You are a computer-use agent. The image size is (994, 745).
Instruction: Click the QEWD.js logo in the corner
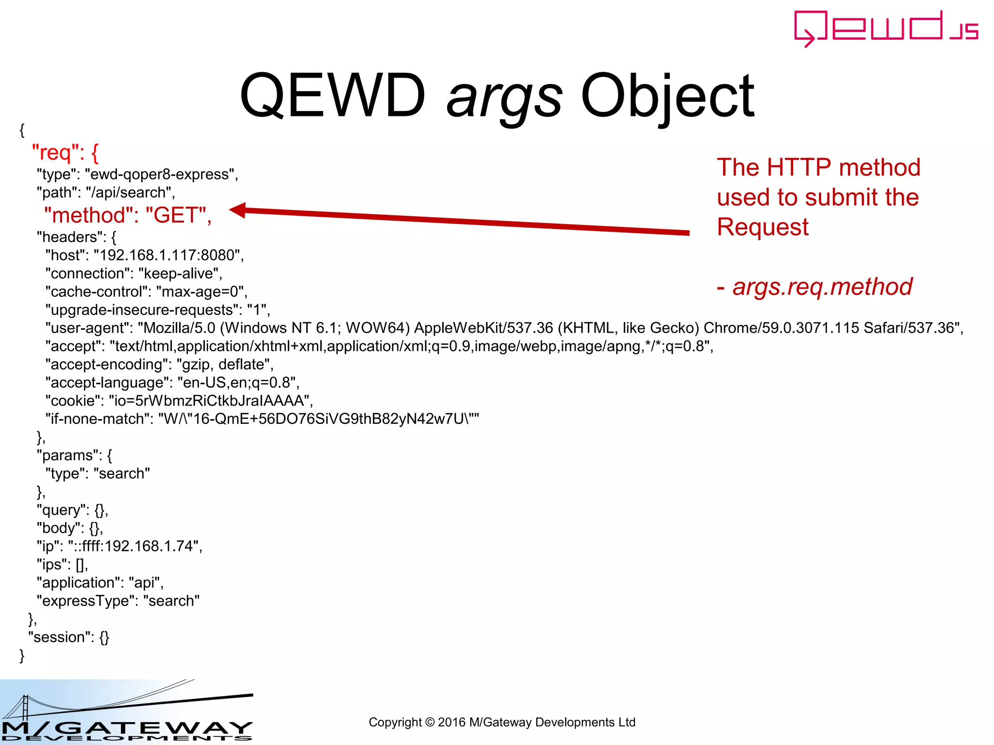tap(886, 28)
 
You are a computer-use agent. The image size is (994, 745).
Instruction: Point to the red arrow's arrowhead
tap(238, 210)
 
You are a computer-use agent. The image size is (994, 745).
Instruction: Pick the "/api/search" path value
tap(130, 193)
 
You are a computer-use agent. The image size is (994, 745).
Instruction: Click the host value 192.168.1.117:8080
tap(168, 255)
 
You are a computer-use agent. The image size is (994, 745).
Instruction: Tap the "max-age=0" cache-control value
tap(201, 292)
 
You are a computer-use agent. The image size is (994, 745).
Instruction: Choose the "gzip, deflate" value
tap(225, 364)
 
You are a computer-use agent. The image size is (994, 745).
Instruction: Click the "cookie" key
tap(73, 401)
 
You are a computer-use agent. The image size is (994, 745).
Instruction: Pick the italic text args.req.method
tap(822, 287)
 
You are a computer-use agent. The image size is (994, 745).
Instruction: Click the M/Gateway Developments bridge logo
tap(126, 712)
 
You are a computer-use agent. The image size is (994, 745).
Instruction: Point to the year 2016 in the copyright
tap(451, 722)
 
